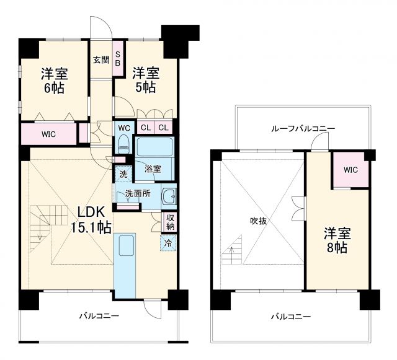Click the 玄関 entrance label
(101, 60)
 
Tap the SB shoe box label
(118, 59)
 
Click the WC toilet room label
(123, 128)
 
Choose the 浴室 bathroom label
(153, 168)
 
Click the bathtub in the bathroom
(155, 148)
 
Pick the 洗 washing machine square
(123, 174)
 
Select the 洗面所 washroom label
(138, 193)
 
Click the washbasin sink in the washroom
(167, 198)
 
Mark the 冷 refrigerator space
(168, 243)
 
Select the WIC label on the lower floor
(50, 133)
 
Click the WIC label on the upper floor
(350, 169)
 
